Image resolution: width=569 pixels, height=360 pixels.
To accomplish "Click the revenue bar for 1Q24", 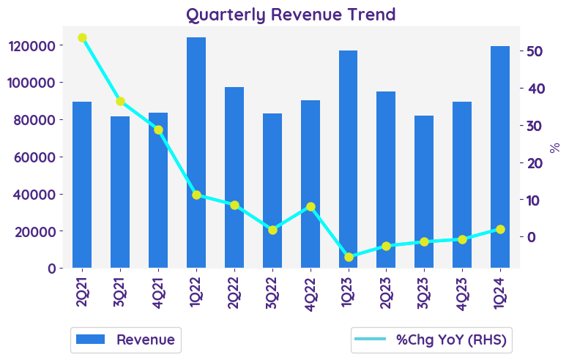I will pyautogui.click(x=500, y=157).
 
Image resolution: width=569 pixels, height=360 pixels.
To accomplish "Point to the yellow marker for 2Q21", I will pyautogui.click(x=82, y=38).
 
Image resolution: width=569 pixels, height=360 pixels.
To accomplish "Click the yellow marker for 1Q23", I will pyautogui.click(x=349, y=257).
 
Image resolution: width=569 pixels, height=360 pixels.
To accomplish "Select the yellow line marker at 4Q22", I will pyautogui.click(x=310, y=207).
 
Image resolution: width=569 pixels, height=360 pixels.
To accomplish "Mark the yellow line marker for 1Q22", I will pyautogui.click(x=196, y=195).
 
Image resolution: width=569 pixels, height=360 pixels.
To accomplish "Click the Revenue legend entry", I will pyautogui.click(x=126, y=340).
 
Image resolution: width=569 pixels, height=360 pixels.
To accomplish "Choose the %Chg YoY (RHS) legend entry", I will pyautogui.click(x=430, y=340).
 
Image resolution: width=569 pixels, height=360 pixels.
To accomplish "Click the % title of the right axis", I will pyautogui.click(x=555, y=147).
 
